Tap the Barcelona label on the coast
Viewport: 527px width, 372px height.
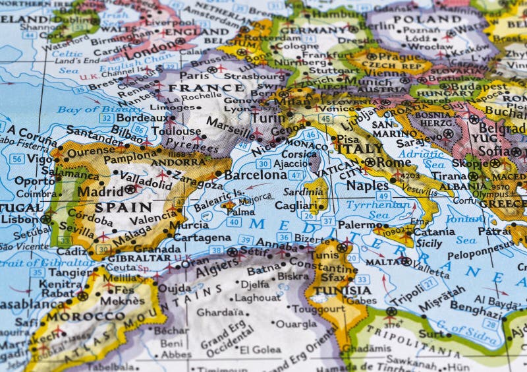(x=255, y=175)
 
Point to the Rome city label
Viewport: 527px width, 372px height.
(x=394, y=162)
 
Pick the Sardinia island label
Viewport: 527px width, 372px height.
(x=305, y=192)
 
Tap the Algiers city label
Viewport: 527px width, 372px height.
(x=216, y=266)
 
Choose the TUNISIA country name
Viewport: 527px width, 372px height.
(x=343, y=290)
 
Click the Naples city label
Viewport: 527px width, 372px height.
(x=368, y=186)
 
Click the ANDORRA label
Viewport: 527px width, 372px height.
(x=178, y=162)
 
